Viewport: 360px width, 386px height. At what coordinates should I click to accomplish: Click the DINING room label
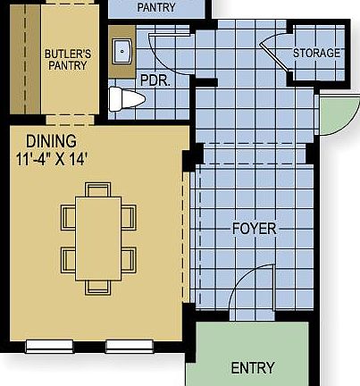(x=51, y=141)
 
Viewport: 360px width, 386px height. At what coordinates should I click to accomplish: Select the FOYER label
(x=254, y=228)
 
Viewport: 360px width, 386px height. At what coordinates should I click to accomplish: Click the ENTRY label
(x=253, y=368)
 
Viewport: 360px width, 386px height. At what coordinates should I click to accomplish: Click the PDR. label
(x=155, y=80)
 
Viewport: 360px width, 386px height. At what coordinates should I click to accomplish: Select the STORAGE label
(x=316, y=54)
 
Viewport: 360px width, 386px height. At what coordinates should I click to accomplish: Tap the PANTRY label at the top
(x=157, y=7)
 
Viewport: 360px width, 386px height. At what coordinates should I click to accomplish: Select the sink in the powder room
(x=121, y=52)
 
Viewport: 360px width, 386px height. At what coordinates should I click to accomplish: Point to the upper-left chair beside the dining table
(x=67, y=216)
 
